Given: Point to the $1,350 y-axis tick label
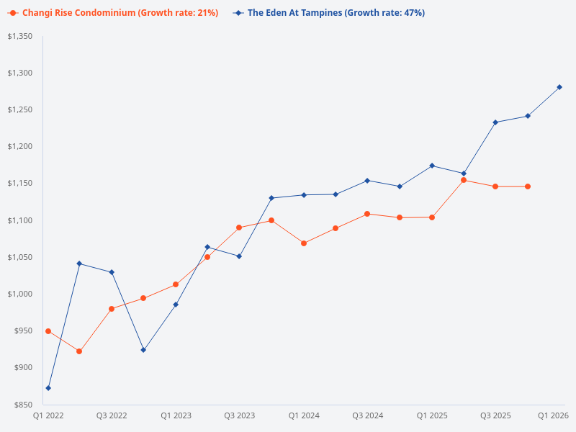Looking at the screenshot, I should point(19,36).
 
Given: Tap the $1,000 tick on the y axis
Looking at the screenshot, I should point(19,294).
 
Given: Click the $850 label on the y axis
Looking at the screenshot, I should point(24,405).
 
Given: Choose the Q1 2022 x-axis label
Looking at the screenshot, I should point(48,415).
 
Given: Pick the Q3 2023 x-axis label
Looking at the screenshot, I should point(239,415).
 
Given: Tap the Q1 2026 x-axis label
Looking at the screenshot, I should point(554,415).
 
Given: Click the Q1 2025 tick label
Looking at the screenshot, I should point(432,415).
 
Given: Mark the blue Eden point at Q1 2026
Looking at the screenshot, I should point(559,87).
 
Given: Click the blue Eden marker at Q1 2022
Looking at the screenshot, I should point(48,388).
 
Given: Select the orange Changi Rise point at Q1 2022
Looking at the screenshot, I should point(48,331).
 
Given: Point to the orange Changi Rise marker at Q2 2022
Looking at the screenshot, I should point(79,351).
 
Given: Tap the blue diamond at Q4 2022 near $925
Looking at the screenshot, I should point(143,350).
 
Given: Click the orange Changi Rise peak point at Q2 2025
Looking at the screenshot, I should point(464,180).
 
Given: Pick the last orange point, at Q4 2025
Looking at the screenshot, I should point(528,186).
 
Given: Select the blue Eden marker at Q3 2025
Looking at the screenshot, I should point(495,122).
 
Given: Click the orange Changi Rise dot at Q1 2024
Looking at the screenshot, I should point(304,243).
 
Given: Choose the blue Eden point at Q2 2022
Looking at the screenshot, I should point(79,264).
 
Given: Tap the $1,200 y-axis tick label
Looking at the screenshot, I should point(19,146).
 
